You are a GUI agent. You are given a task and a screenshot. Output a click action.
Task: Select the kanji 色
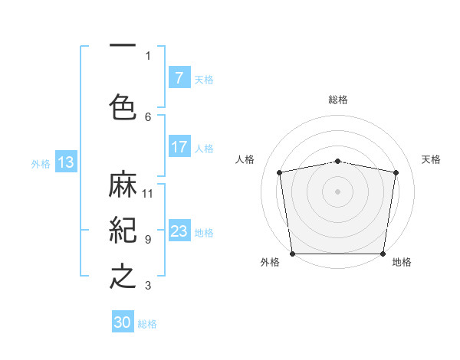[x=123, y=106]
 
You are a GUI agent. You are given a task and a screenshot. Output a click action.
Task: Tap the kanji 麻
[x=123, y=185]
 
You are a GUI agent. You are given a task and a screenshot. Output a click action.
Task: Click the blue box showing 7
[x=179, y=78]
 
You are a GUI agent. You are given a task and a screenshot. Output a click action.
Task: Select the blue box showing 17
[x=179, y=147]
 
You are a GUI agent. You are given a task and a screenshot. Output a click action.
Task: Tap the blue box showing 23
[x=179, y=231]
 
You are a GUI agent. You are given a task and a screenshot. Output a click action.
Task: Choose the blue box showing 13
[x=65, y=162]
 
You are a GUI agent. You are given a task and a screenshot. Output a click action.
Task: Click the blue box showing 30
[x=123, y=322]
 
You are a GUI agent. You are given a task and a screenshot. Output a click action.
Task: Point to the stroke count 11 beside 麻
[x=148, y=193]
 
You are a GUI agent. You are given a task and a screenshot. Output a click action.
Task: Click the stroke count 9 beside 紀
[x=148, y=239]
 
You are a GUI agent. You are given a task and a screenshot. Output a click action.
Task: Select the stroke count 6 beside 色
[x=148, y=116]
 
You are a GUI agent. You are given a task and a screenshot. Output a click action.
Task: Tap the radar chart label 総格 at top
[x=338, y=100]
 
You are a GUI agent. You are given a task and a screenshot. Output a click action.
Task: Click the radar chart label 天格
[x=431, y=159]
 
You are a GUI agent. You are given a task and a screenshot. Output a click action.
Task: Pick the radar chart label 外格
[x=270, y=262]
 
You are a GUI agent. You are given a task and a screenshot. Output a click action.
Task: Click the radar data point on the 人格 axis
[x=280, y=172]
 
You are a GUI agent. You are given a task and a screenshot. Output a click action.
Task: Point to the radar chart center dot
[x=338, y=191]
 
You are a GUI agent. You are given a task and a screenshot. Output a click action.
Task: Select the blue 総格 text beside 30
[x=147, y=324]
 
